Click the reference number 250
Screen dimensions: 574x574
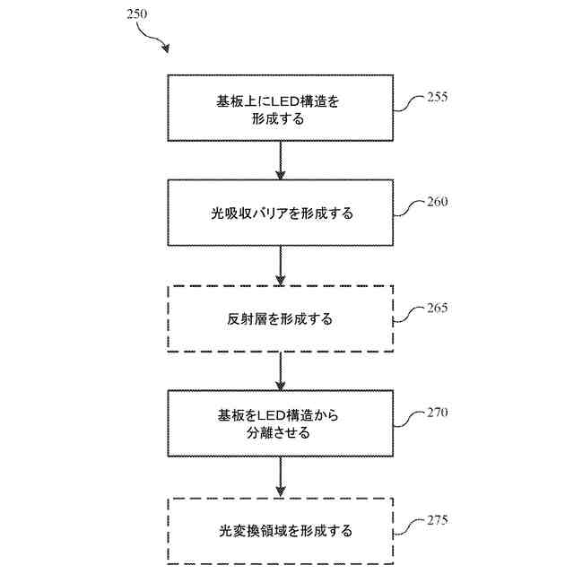127,15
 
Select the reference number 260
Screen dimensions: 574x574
438,202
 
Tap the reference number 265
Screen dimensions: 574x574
438,308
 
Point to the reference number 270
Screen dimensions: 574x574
438,413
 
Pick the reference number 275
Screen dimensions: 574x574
438,519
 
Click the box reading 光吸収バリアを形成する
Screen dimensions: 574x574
281,213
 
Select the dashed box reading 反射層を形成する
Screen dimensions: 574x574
281,318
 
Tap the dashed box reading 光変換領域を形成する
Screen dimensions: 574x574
281,530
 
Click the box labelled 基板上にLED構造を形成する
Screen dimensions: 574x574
281,108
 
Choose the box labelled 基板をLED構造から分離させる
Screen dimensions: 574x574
281,424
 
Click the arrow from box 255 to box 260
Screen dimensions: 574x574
281,160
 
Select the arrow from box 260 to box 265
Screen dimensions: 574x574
281,265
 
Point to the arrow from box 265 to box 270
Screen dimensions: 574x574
281,371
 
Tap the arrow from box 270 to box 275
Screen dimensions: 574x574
281,477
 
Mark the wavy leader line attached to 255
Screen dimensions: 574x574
407,104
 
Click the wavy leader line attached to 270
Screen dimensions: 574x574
407,421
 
